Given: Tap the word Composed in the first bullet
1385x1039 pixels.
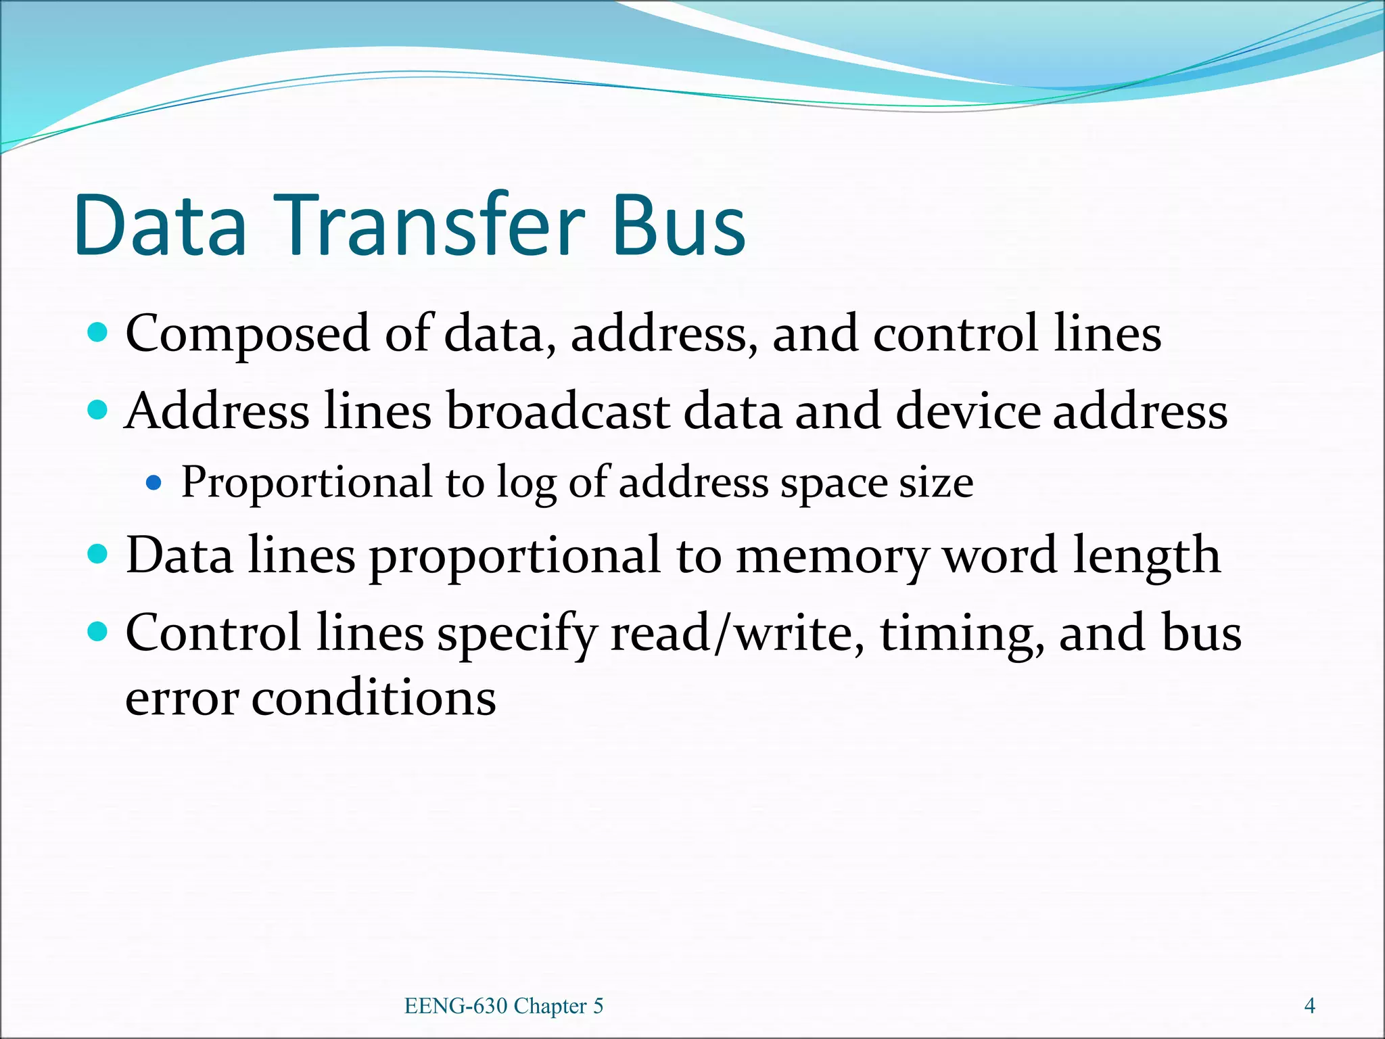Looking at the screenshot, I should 248,334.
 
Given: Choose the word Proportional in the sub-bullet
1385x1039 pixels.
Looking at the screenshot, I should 306,483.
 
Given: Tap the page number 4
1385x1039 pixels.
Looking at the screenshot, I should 1309,1006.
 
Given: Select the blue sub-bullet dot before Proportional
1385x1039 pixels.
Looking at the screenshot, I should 154,483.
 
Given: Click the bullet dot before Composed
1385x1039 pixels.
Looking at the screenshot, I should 98,333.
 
